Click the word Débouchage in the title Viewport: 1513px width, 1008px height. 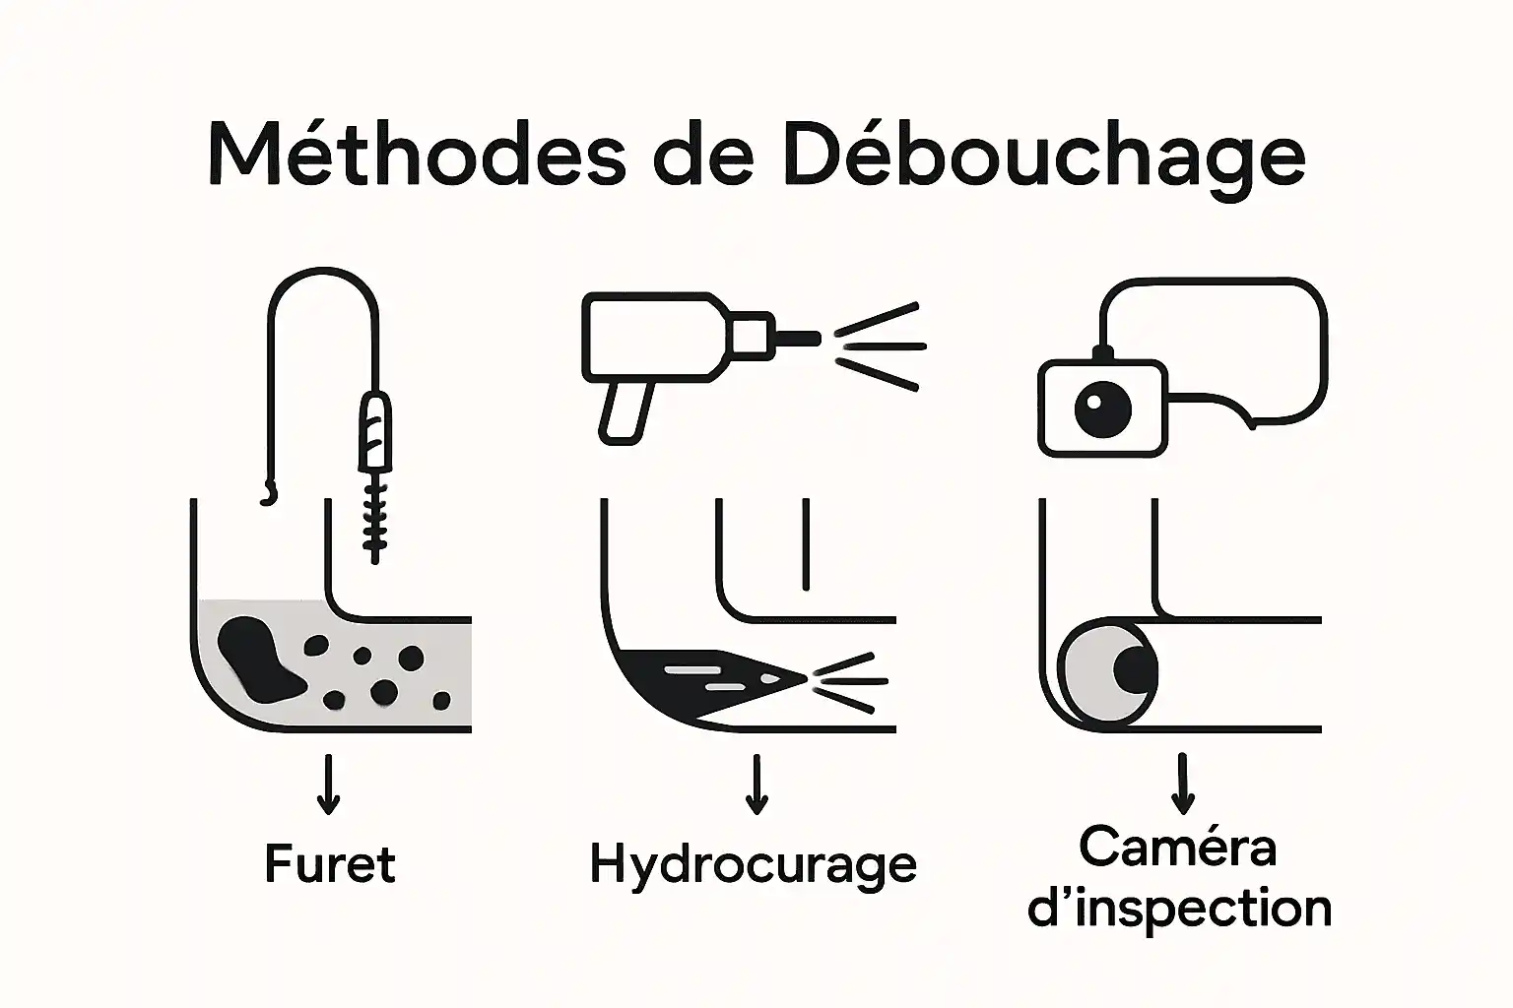1044,156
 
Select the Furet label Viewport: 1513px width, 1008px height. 330,864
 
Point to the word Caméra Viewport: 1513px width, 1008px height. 1178,847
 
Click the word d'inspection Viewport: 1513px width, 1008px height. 1179,908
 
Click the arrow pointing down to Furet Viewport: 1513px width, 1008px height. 329,785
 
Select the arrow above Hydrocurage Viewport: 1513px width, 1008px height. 756,785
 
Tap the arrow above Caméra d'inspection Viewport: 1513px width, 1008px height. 1181,785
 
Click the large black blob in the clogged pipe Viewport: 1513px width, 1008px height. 256,658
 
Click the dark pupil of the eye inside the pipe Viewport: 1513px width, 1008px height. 1135,669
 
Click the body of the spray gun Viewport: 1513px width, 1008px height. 655,336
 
